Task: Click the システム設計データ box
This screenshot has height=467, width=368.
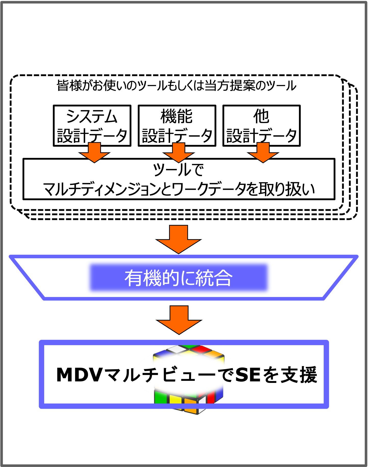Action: (x=92, y=126)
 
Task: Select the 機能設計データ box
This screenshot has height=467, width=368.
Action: (x=177, y=126)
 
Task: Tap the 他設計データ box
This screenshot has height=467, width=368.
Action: (x=261, y=126)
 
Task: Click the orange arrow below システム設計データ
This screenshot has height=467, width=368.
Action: (x=94, y=152)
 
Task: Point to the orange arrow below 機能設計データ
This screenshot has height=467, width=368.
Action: (x=179, y=152)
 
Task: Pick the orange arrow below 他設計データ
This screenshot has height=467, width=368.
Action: (x=263, y=152)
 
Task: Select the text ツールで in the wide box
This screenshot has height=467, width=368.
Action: (x=178, y=170)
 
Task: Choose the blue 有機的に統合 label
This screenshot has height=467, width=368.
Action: (x=179, y=278)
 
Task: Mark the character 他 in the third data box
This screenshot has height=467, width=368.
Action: (x=261, y=116)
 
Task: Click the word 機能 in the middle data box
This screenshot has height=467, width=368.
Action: (x=176, y=116)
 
